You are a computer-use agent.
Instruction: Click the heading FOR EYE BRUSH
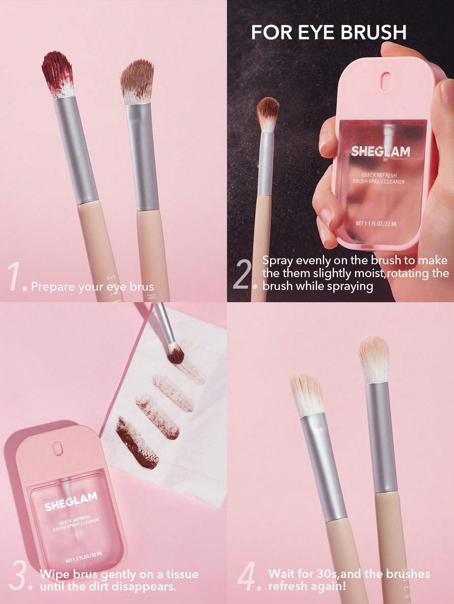(x=329, y=32)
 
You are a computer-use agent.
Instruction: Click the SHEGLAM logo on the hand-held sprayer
(x=380, y=151)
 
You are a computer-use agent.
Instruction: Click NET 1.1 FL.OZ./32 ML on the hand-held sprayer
(x=376, y=224)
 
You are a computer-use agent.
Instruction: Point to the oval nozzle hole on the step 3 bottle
(x=57, y=448)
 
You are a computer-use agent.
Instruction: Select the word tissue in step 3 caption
(x=182, y=574)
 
